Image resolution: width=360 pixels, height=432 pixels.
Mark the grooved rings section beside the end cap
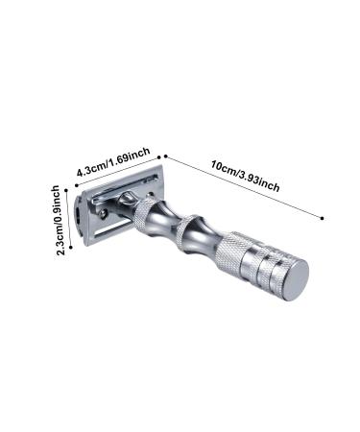[x=273, y=268]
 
